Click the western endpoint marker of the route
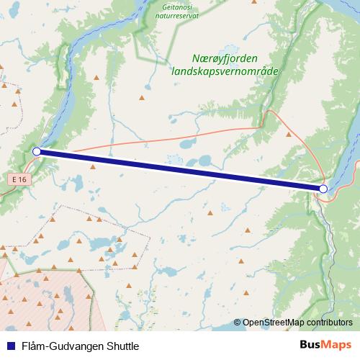pos(37,151)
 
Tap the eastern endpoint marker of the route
pos(323,189)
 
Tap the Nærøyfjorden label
pos(225,58)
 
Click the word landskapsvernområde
pos(225,71)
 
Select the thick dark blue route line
pos(180,170)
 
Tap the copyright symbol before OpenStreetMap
pos(238,323)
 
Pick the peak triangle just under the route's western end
pos(92,167)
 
